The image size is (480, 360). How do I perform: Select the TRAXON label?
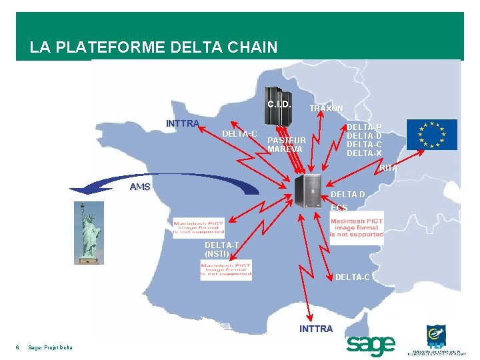pyautogui.click(x=326, y=108)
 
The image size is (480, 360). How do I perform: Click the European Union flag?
pyautogui.click(x=432, y=134)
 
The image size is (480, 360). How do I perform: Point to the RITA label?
pyautogui.click(x=389, y=169)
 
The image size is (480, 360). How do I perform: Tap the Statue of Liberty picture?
pyautogui.click(x=88, y=232)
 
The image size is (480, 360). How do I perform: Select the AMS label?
pyautogui.click(x=140, y=187)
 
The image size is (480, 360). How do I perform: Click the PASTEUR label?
pyautogui.click(x=286, y=141)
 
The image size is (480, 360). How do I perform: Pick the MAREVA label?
pyautogui.click(x=285, y=149)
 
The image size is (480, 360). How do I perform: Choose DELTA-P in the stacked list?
pyautogui.click(x=364, y=127)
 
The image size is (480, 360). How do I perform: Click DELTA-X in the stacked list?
pyautogui.click(x=364, y=153)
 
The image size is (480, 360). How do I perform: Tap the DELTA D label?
pyautogui.click(x=348, y=195)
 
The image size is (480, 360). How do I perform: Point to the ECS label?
pyautogui.click(x=339, y=208)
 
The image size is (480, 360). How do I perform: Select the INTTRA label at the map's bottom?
pyautogui.click(x=316, y=329)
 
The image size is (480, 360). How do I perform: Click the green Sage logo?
pyautogui.click(x=371, y=345)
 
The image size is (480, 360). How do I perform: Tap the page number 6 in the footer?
pyautogui.click(x=17, y=347)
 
